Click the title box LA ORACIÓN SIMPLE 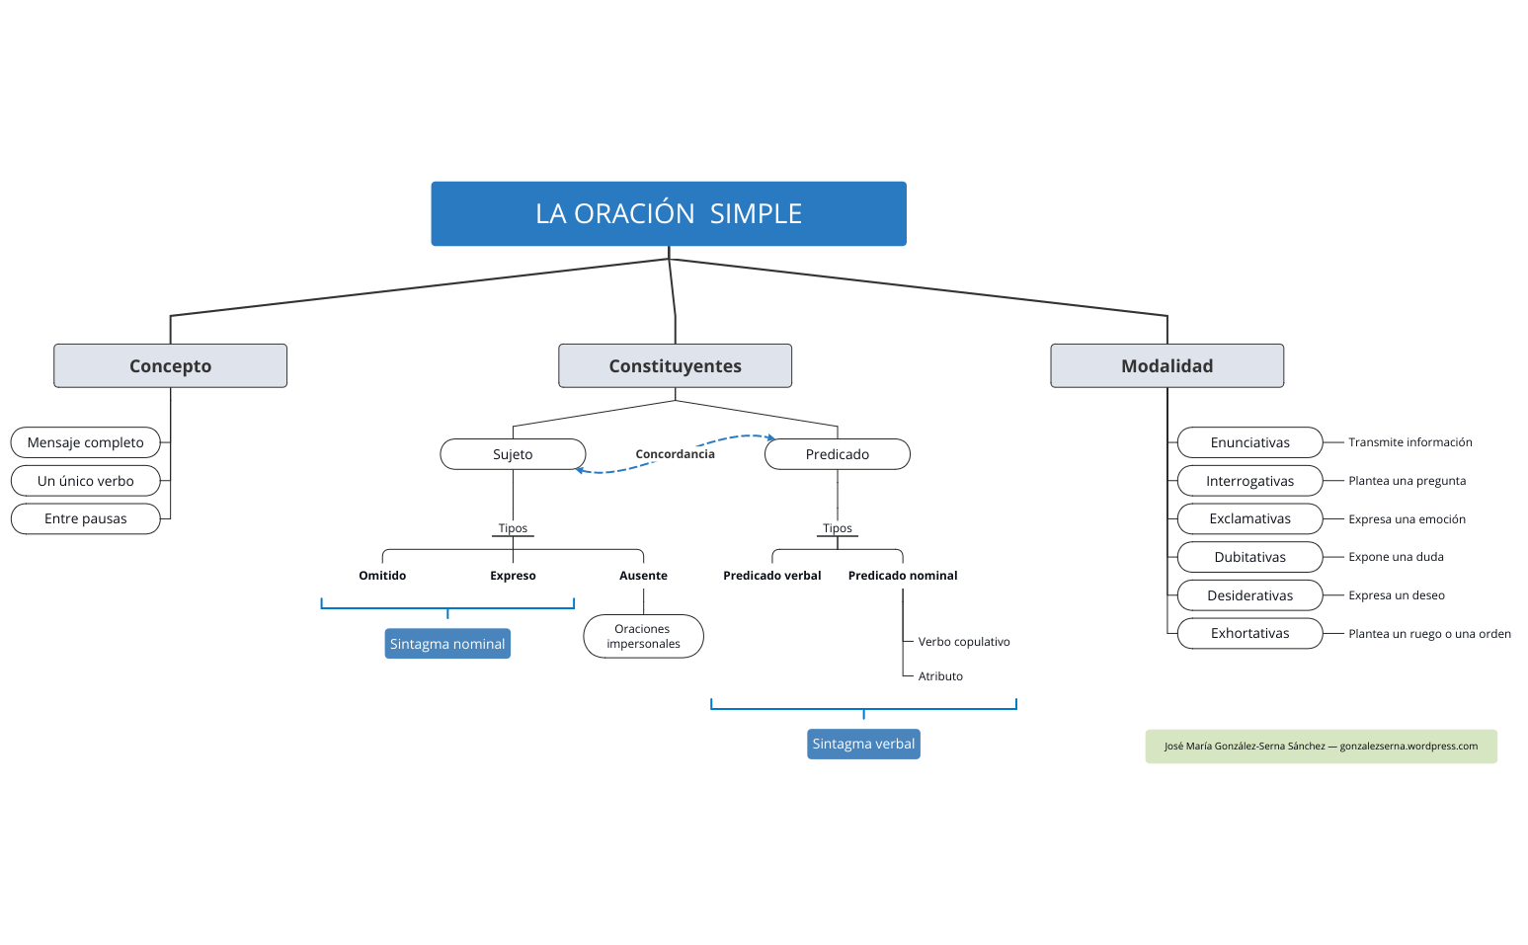click(x=669, y=213)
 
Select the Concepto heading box click(x=170, y=365)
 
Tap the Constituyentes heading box click(x=675, y=365)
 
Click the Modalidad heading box click(x=1166, y=365)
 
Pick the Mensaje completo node click(x=86, y=442)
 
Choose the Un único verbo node click(x=86, y=481)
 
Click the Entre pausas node click(x=86, y=518)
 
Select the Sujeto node click(x=513, y=454)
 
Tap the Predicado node click(x=837, y=454)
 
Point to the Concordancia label click(x=675, y=454)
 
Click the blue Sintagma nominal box click(x=447, y=644)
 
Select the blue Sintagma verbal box click(x=863, y=744)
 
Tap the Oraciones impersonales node click(x=643, y=636)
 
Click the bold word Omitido click(x=382, y=576)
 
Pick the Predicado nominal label click(x=903, y=576)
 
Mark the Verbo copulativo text click(x=964, y=642)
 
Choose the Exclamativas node click(x=1249, y=518)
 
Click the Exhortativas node click(x=1249, y=633)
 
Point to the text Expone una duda click(x=1396, y=557)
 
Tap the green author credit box click(x=1321, y=747)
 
